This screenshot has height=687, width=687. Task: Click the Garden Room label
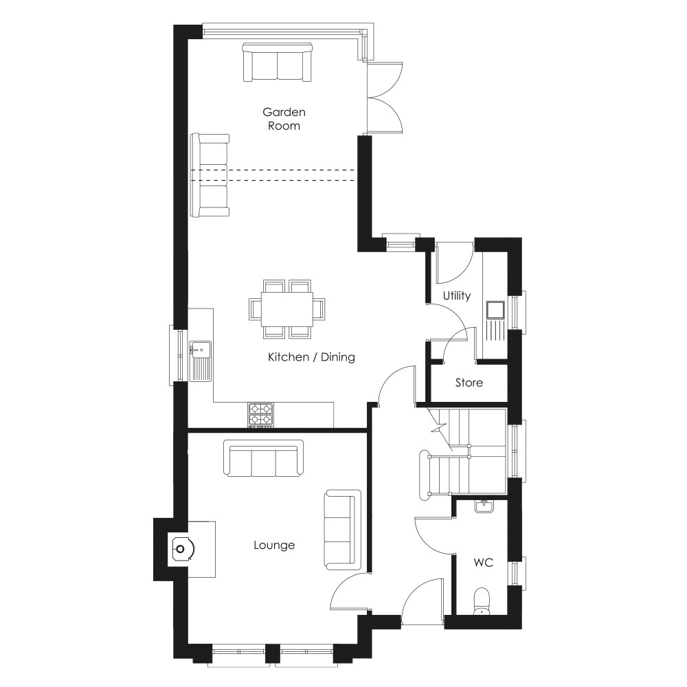pyautogui.click(x=284, y=119)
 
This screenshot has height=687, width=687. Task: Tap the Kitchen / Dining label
pyautogui.click(x=311, y=357)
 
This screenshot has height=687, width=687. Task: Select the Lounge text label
pyautogui.click(x=274, y=545)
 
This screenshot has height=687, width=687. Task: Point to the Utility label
pyautogui.click(x=457, y=296)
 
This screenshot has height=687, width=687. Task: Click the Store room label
pyautogui.click(x=469, y=383)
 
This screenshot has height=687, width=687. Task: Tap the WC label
pyautogui.click(x=483, y=562)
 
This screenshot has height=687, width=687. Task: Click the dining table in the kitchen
pyautogui.click(x=287, y=309)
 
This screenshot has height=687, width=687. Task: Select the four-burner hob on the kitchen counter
pyautogui.click(x=260, y=414)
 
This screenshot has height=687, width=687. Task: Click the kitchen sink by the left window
pyautogui.click(x=201, y=361)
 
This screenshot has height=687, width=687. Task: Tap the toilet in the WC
pyautogui.click(x=482, y=601)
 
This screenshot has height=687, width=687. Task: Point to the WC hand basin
pyautogui.click(x=483, y=506)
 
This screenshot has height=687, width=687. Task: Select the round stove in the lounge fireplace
pyautogui.click(x=180, y=548)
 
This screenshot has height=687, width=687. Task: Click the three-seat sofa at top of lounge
pyautogui.click(x=263, y=458)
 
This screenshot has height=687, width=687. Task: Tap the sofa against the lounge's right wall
pyautogui.click(x=343, y=530)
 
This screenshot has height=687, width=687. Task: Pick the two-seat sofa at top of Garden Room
pyautogui.click(x=277, y=63)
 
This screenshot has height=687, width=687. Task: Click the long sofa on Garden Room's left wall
pyautogui.click(x=210, y=175)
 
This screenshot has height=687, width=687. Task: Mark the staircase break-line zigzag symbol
pyautogui.click(x=440, y=426)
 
